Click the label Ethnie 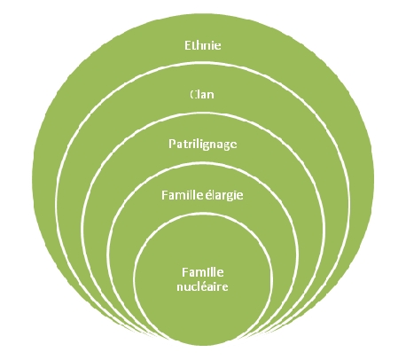click(203, 45)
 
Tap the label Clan click(202, 95)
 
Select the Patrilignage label click(203, 145)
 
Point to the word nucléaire click(202, 286)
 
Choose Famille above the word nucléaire click(203, 272)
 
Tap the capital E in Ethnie click(188, 45)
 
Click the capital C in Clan click(193, 95)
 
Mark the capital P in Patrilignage click(172, 144)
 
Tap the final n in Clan click(211, 96)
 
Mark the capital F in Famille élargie click(165, 195)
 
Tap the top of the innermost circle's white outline click(203, 214)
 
